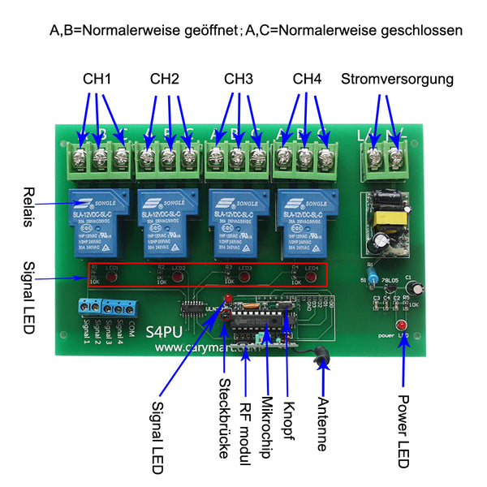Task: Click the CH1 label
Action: point(97,80)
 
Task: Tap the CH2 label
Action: point(164,80)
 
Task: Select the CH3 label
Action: point(239,80)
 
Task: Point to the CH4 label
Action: point(307,80)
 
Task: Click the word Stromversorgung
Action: point(397,80)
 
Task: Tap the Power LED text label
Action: point(403,431)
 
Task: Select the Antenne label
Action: point(322,424)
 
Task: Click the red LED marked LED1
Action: point(110,278)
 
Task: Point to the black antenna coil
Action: point(319,354)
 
